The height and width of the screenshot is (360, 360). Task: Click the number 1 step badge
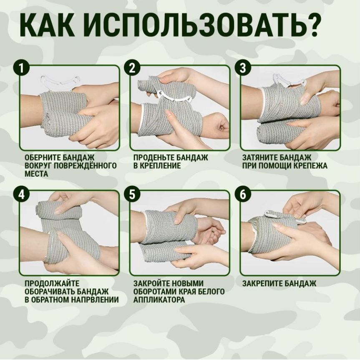(x=21, y=68)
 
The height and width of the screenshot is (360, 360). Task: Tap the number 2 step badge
(x=132, y=68)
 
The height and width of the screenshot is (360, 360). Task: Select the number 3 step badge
(x=243, y=68)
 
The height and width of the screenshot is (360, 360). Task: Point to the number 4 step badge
(x=21, y=194)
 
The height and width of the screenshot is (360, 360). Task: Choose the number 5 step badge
(x=132, y=194)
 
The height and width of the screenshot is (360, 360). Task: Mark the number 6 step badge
(x=243, y=194)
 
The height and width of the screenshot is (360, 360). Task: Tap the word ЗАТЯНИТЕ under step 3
(x=260, y=157)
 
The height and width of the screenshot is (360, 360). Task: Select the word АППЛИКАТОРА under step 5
(x=159, y=299)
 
